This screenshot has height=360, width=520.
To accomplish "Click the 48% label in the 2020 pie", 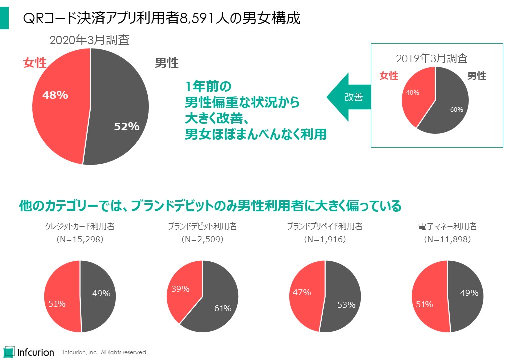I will (55, 95).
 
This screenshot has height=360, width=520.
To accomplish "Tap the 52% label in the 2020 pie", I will (126, 127).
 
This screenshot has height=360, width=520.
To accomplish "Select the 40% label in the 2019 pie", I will (413, 92).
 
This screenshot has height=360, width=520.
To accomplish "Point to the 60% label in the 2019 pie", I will (457, 110).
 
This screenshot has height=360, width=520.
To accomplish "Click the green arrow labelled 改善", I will (349, 97).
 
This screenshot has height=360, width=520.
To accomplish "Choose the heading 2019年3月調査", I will (431, 58).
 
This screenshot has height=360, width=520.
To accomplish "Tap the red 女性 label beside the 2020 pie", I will (35, 63).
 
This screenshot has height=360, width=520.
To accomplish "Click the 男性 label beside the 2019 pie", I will (476, 76).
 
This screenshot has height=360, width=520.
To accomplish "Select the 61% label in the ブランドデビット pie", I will (223, 308).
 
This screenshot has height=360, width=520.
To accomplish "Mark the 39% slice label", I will (181, 289).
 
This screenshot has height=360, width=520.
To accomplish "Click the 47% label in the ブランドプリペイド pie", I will (302, 293).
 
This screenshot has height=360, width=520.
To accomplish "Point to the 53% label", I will (346, 304).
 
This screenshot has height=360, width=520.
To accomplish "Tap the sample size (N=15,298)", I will (80, 239).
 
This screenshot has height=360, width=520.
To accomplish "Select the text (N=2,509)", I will (202, 239).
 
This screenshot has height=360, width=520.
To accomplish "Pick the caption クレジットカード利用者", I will (80, 226).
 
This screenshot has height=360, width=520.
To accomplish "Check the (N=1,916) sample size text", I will (325, 239).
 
